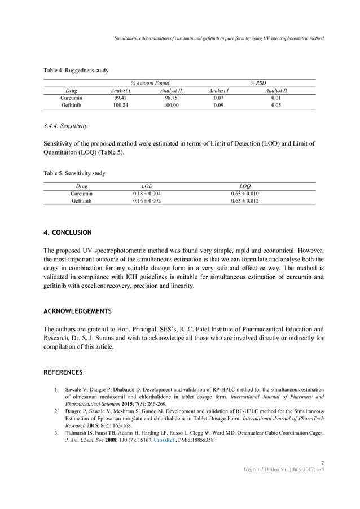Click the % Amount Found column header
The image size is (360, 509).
tap(146, 82)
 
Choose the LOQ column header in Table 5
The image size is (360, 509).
tap(245, 185)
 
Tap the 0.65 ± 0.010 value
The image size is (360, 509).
tap(245, 193)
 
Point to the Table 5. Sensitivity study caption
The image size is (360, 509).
tap(74, 173)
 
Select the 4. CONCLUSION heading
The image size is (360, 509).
tap(68, 232)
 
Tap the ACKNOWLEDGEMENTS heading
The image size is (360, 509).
tap(77, 311)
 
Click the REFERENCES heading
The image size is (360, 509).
tap(63, 372)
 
